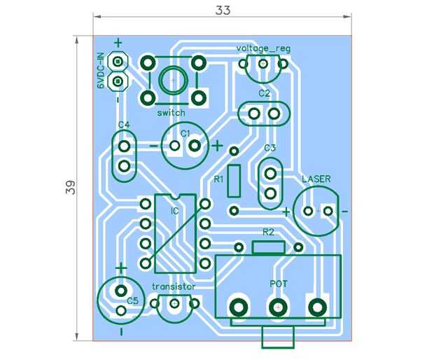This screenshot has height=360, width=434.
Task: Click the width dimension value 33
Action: [223, 10]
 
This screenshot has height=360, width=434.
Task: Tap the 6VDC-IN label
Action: [101, 71]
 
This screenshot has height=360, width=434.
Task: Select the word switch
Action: [171, 113]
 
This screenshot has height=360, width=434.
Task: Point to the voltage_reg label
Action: [262, 48]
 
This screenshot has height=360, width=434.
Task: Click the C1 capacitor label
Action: [185, 133]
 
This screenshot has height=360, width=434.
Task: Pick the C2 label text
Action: [264, 93]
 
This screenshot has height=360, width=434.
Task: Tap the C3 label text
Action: [270, 148]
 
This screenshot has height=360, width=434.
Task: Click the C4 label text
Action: [124, 125]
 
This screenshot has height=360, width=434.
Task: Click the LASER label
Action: [316, 179]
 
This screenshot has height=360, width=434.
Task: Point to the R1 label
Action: [218, 179]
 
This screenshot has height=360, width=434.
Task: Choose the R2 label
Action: [269, 232]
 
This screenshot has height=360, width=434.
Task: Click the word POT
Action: [279, 284]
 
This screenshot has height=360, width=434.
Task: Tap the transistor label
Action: [174, 287]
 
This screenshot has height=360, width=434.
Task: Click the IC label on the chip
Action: [174, 211]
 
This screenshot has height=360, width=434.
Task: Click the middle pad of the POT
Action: [279, 307]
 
